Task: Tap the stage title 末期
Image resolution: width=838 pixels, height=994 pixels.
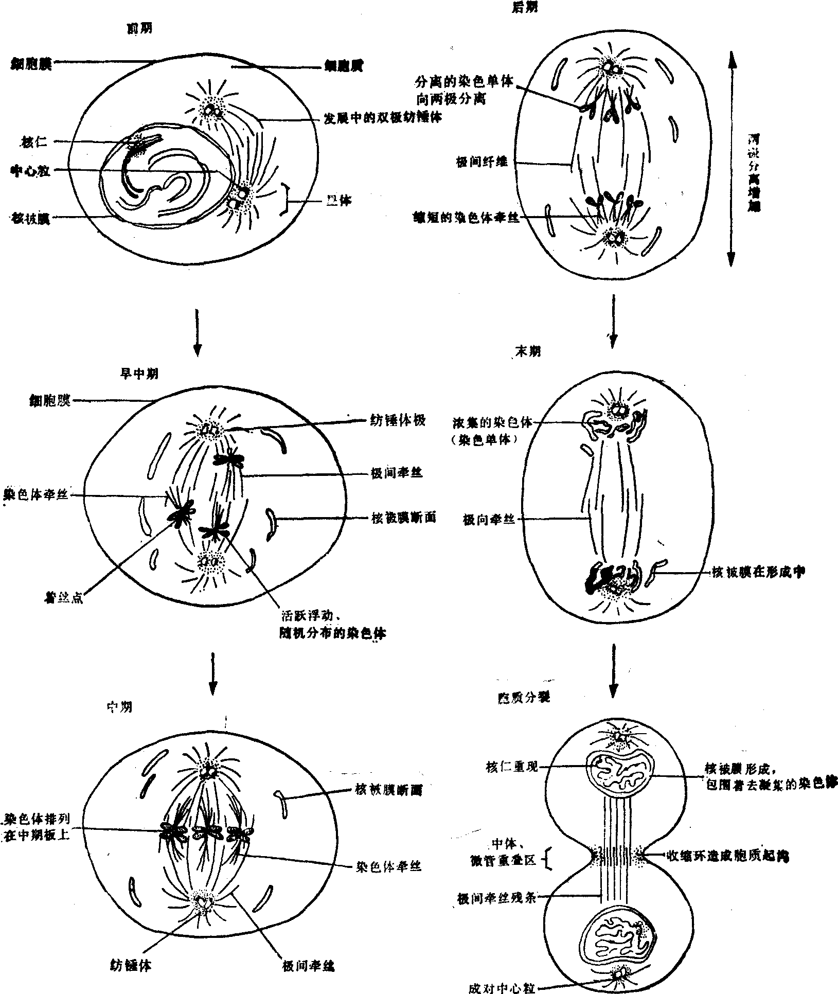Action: point(528,351)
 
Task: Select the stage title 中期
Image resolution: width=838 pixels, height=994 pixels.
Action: point(119,707)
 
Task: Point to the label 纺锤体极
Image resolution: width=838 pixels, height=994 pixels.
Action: point(398,420)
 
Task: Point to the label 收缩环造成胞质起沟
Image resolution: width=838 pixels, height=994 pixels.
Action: point(727,856)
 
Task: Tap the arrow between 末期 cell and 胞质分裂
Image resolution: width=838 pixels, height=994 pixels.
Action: point(612,670)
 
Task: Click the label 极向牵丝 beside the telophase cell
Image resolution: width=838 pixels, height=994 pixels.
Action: point(489,520)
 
